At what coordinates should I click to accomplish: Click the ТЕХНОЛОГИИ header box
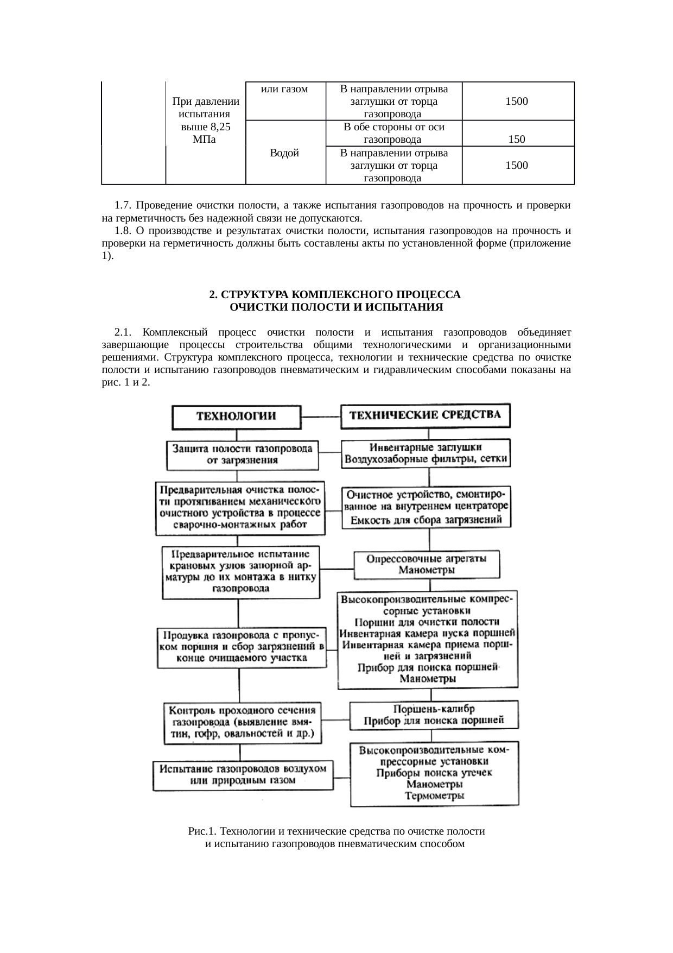[x=236, y=417]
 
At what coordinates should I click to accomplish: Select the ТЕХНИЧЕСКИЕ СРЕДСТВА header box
[x=425, y=415]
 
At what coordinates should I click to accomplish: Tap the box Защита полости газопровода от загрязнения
[x=242, y=455]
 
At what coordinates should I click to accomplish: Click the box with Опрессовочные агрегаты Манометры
[x=427, y=564]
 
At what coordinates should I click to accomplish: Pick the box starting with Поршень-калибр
[x=434, y=715]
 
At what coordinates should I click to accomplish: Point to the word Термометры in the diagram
[x=434, y=796]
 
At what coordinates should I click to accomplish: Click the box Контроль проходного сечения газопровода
[x=242, y=723]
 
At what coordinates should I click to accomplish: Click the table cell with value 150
[x=517, y=139]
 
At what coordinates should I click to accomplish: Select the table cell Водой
[x=284, y=153]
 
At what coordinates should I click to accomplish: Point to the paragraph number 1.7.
[x=123, y=205]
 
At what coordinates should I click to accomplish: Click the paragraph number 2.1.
[x=123, y=332]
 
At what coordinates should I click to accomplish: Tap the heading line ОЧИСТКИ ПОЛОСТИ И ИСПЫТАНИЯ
[x=336, y=307]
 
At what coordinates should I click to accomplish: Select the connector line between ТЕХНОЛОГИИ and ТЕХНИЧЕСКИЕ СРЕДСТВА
[x=320, y=417]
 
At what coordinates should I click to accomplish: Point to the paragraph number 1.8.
[x=123, y=231]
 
